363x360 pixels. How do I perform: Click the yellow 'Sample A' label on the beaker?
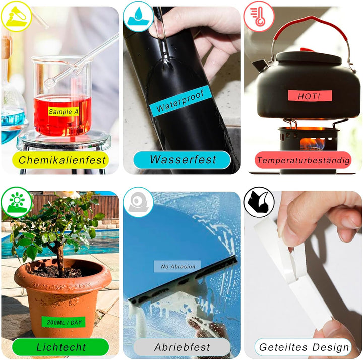64,111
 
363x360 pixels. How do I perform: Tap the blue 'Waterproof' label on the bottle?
180,101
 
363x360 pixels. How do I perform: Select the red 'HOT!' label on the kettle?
310,96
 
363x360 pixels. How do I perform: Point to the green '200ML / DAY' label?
64,322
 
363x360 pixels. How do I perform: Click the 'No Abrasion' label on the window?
177,266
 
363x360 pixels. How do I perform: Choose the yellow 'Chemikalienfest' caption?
60,160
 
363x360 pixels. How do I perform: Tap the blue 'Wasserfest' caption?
182,160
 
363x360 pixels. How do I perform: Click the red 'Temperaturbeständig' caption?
303,160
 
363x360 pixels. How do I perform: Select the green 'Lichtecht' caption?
60,347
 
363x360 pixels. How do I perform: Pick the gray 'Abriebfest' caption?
182,347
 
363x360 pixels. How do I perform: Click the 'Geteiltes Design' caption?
303,347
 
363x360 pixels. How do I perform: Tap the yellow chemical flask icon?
16,16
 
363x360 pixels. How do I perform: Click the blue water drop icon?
138,16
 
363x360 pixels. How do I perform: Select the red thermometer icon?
259,16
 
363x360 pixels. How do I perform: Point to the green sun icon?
16,202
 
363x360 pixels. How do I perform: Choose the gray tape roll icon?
138,202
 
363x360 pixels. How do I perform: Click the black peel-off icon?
259,202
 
